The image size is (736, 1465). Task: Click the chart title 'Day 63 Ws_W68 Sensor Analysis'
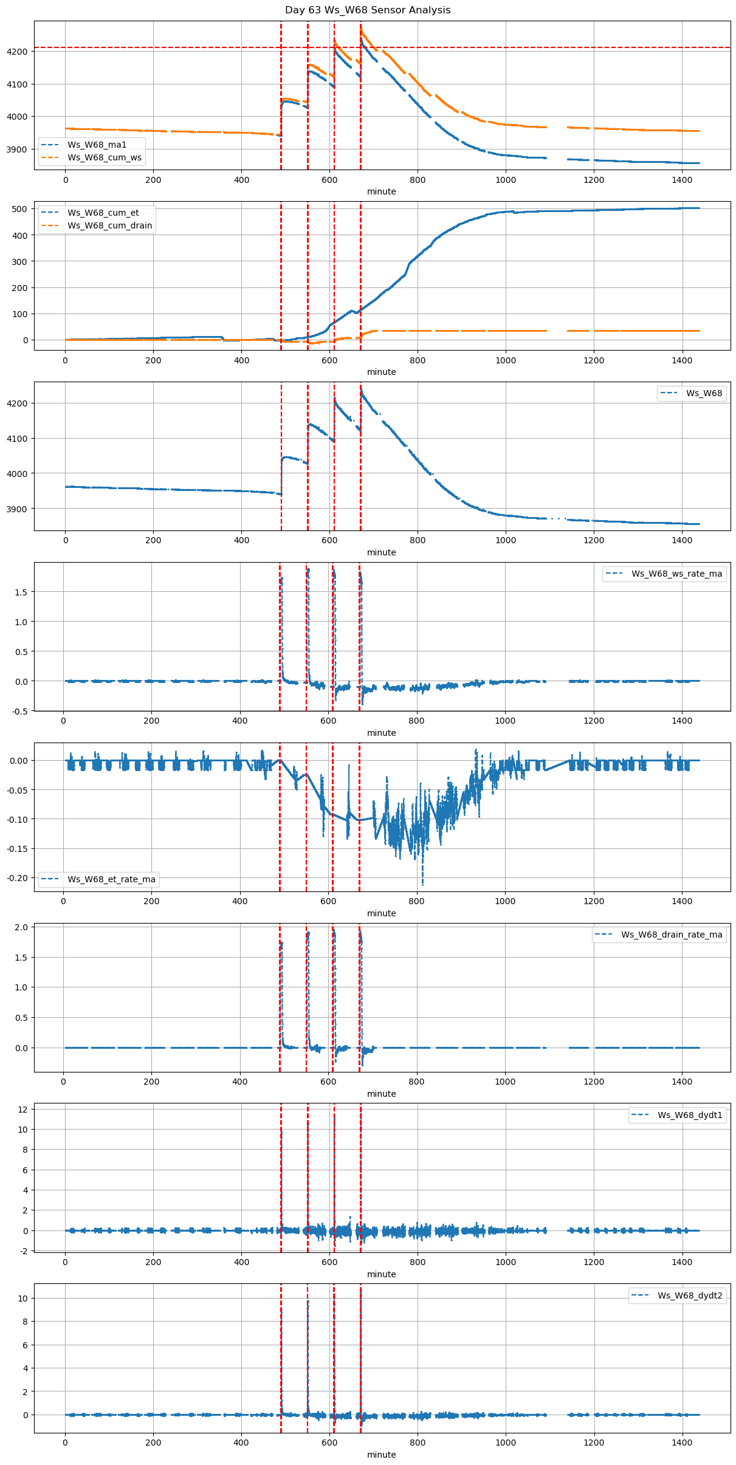(x=368, y=10)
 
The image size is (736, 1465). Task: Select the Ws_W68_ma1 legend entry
(x=97, y=145)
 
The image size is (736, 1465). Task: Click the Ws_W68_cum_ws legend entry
(x=104, y=157)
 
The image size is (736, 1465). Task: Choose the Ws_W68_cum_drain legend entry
(x=109, y=225)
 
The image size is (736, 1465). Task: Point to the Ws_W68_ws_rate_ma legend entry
(x=676, y=574)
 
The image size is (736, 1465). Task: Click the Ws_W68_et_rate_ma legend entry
(x=111, y=879)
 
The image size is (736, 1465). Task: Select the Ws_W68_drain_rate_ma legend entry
(x=671, y=935)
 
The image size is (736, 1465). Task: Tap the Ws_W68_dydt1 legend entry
(x=689, y=1115)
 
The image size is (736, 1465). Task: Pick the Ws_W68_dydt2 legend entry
(x=689, y=1295)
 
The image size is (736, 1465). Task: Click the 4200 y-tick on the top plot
(x=18, y=52)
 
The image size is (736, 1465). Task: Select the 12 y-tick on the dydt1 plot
(x=23, y=1110)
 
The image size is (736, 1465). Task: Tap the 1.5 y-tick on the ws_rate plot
(x=21, y=592)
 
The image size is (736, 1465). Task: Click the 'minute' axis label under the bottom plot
(x=382, y=1455)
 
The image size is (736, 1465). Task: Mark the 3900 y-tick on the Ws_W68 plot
(x=18, y=509)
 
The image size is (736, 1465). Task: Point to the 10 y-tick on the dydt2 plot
(x=23, y=1299)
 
